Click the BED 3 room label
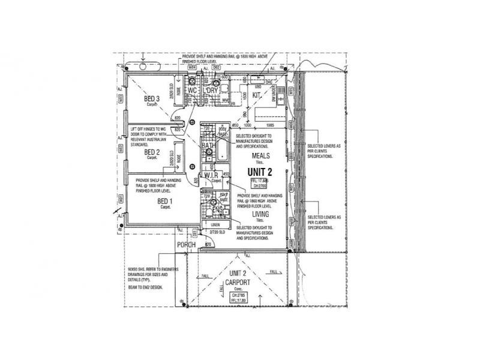pos(151,99)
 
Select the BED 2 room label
pos(152,152)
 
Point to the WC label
pos(193,91)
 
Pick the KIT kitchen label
pos(256,95)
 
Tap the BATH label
pos(208,145)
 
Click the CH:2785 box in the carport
pos(239,295)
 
